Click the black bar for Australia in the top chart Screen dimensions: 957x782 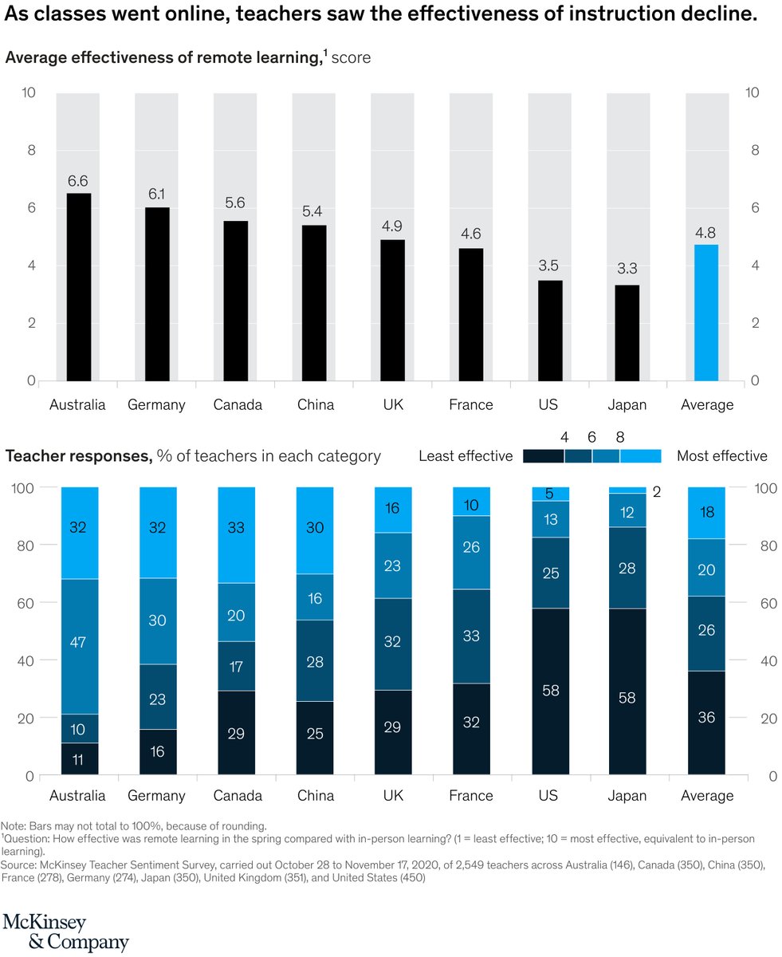[x=78, y=287]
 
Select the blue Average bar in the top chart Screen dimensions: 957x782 [x=706, y=313]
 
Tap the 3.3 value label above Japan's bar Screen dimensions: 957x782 [x=627, y=270]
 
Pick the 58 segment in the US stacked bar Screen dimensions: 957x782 [x=549, y=691]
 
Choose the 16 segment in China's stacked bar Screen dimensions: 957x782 [x=314, y=597]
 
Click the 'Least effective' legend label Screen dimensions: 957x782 [x=466, y=456]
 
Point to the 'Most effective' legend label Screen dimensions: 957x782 [x=721, y=456]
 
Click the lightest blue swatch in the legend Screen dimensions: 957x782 [x=641, y=456]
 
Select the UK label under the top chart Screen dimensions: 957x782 [x=392, y=405]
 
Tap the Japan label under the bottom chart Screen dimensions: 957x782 [x=627, y=796]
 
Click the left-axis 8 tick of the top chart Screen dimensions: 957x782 [x=29, y=150]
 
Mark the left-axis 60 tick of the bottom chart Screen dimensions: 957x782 [x=26, y=603]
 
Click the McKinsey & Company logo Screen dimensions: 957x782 [x=66, y=931]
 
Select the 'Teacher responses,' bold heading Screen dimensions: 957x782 [x=78, y=456]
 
